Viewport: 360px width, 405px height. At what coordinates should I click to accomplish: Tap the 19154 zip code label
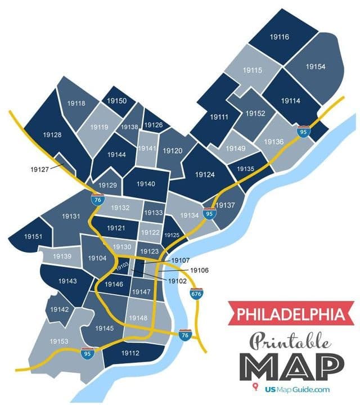316,66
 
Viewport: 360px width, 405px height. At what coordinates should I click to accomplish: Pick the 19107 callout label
181,260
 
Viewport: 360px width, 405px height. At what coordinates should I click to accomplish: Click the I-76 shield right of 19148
184,335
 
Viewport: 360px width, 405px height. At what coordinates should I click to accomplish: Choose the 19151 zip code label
33,237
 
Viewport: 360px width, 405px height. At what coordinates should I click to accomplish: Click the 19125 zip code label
172,235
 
